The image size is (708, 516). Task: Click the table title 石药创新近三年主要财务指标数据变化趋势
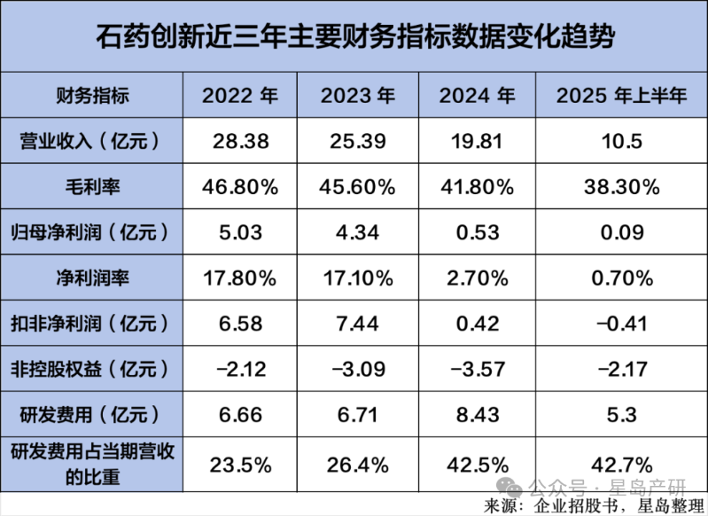click(354, 38)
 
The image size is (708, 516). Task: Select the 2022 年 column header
click(239, 96)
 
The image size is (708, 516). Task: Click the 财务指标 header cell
click(93, 96)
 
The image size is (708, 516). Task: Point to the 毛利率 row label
click(93, 186)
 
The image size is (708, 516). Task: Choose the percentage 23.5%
click(239, 463)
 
